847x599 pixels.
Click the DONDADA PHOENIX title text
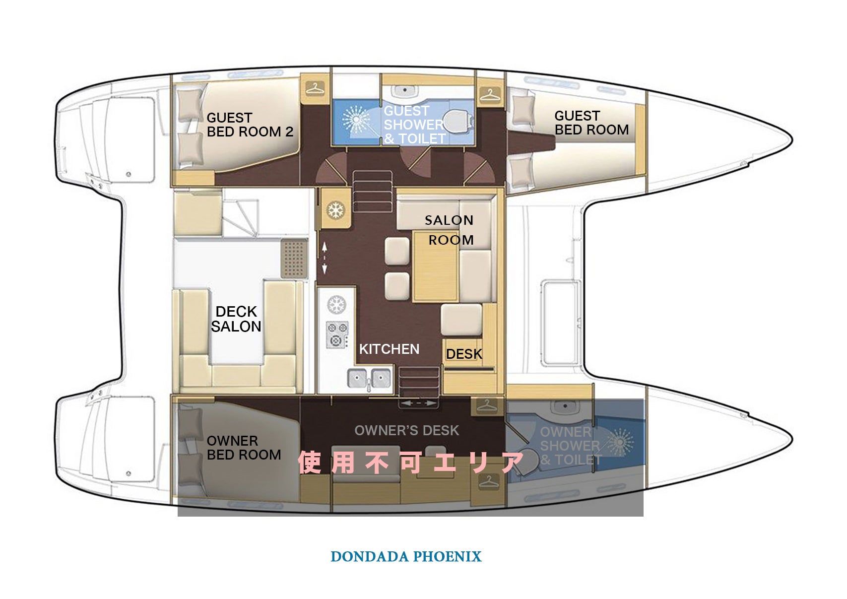click(x=406, y=557)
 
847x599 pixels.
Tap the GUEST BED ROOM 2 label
click(x=250, y=125)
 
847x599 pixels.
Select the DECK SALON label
click(x=236, y=319)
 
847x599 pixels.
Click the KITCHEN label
click(x=389, y=349)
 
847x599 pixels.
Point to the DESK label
click(x=464, y=354)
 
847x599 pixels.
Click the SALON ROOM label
click(x=449, y=230)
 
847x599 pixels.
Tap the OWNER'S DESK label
click(x=406, y=430)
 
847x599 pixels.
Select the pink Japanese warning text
click(x=411, y=463)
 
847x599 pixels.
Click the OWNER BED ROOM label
click(x=244, y=448)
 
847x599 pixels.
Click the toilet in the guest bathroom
click(x=458, y=121)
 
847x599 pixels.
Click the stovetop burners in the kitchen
click(x=337, y=334)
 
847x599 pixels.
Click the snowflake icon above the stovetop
click(x=336, y=305)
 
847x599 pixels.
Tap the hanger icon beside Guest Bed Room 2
click(x=315, y=89)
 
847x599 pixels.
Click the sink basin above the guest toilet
click(x=404, y=91)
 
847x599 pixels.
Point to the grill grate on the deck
click(x=294, y=259)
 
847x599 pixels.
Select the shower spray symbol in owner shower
click(x=620, y=442)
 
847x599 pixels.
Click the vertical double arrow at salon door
click(x=325, y=258)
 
